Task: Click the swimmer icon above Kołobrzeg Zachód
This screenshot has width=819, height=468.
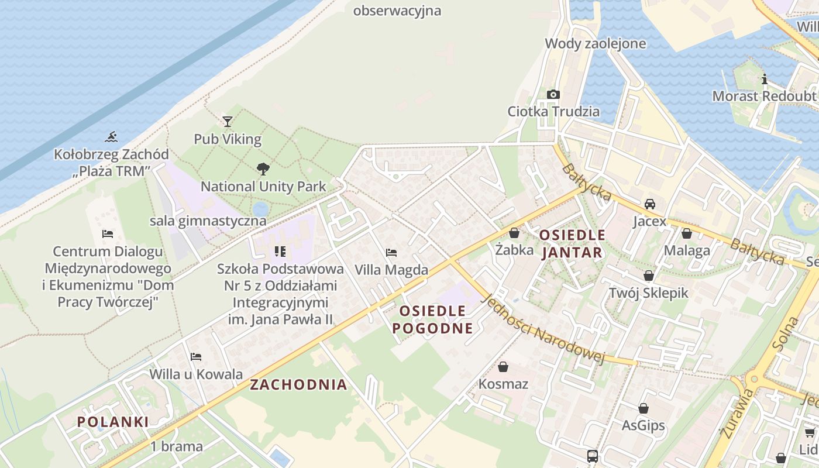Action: [111, 138]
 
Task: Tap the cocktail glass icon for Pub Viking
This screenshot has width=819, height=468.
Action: [228, 122]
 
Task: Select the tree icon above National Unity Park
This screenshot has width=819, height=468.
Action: [263, 169]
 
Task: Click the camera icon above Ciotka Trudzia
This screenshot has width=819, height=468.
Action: [553, 94]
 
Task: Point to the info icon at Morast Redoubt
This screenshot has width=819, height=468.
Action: [764, 79]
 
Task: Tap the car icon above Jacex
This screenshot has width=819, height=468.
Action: [649, 204]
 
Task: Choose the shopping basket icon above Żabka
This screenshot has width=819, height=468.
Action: [514, 233]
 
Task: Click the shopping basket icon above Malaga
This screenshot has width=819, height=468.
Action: [687, 233]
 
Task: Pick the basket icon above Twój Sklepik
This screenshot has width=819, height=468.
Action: [649, 275]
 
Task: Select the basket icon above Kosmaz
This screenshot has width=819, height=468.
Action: [503, 367]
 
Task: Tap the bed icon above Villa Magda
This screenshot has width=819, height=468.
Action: [391, 253]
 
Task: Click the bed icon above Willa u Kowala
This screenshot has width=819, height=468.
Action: [196, 356]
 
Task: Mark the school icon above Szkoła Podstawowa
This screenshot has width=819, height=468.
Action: [280, 252]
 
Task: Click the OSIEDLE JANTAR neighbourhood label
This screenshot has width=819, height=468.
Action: [572, 243]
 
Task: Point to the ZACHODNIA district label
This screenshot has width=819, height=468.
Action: [298, 384]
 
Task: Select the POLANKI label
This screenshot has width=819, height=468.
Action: [113, 421]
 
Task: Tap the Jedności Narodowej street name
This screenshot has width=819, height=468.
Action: [541, 329]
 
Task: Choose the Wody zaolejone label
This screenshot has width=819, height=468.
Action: [596, 43]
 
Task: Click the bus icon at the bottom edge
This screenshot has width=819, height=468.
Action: [592, 456]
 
